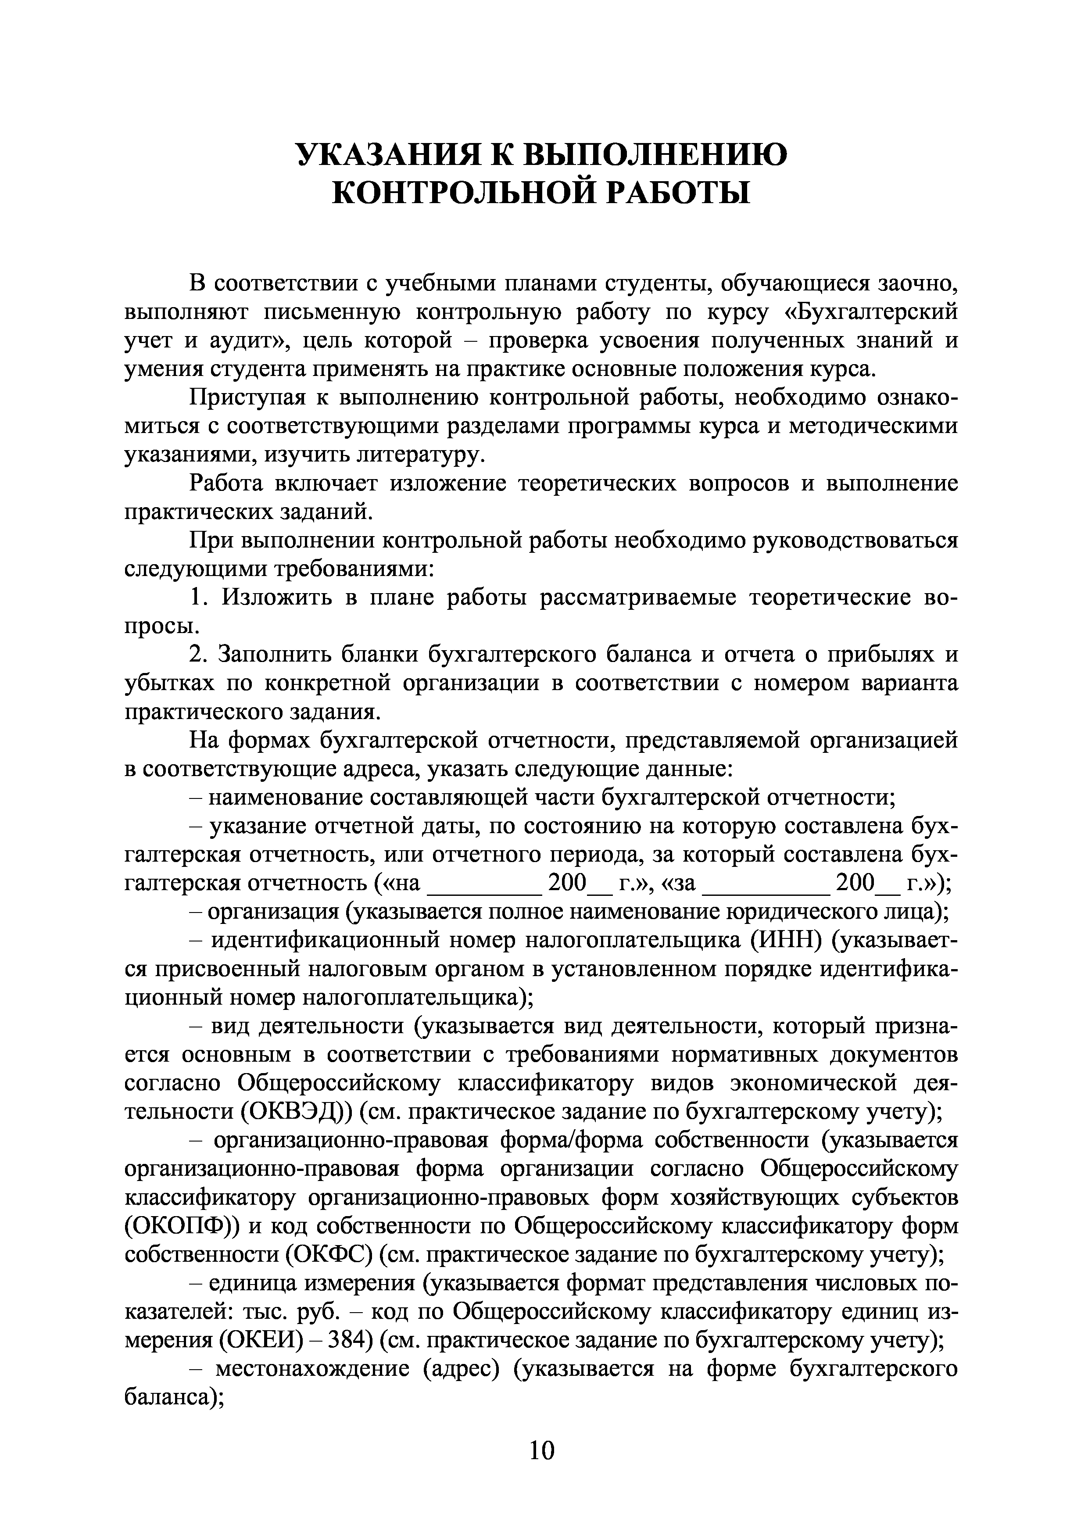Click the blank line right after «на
click(x=484, y=884)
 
